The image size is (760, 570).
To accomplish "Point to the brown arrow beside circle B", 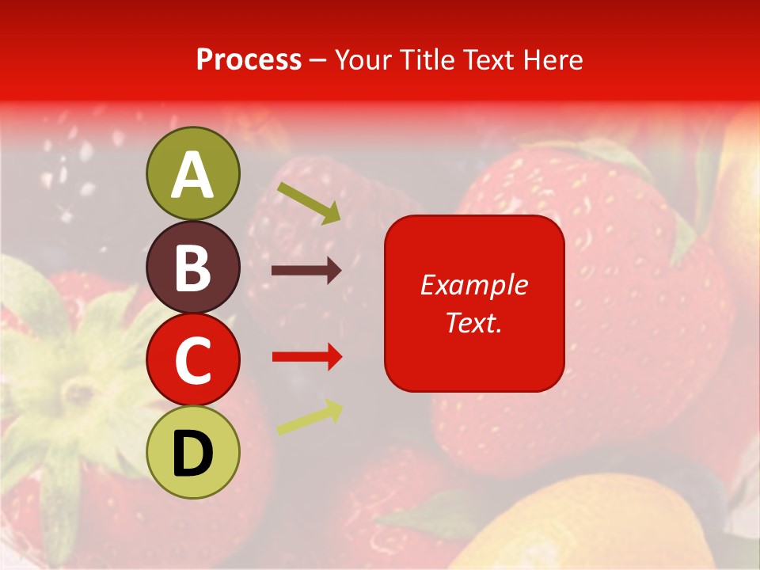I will (x=306, y=271).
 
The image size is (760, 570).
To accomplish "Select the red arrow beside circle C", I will (x=307, y=357).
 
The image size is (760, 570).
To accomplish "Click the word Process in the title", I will (x=249, y=60).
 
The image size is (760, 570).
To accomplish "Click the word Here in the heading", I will (x=553, y=60).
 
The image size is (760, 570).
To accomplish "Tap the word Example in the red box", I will (x=473, y=285).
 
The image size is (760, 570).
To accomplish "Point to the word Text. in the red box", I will (x=473, y=322).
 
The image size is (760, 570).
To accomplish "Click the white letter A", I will (x=193, y=176).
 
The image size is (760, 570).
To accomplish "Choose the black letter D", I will (x=193, y=454).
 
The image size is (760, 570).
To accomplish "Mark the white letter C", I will (x=193, y=361).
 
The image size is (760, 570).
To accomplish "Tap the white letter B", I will (x=193, y=268).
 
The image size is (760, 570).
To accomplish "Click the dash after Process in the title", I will (x=318, y=61).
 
